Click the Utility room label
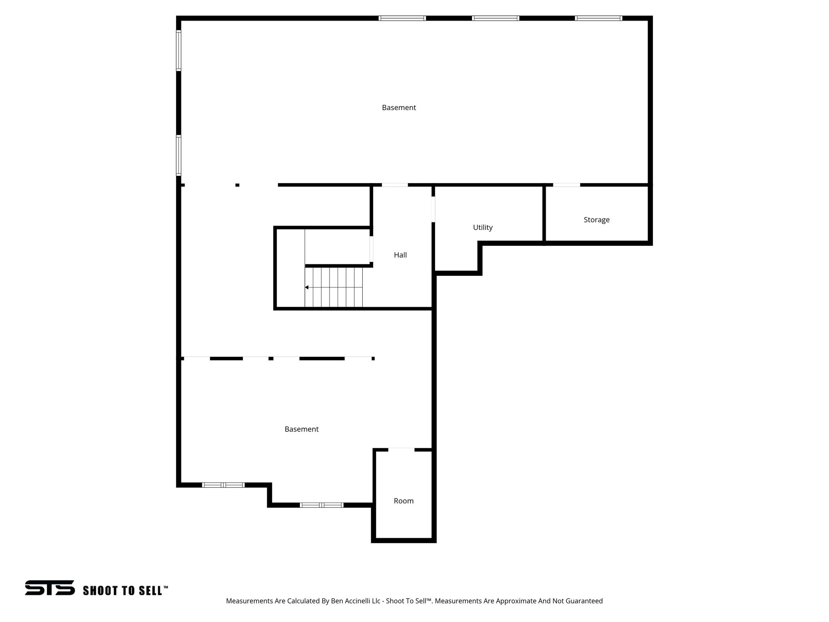tap(483, 228)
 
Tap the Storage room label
tap(596, 220)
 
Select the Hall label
tap(400, 255)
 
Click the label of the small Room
tap(404, 501)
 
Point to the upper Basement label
tap(399, 108)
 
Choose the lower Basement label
tap(301, 429)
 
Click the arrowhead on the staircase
tap(307, 288)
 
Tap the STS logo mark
tap(50, 588)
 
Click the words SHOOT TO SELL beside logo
tap(125, 591)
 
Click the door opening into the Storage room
tap(566, 185)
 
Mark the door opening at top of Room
tap(401, 449)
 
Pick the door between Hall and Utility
tap(433, 209)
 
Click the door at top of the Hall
tap(395, 185)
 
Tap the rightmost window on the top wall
tap(598, 18)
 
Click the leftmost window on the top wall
tap(402, 18)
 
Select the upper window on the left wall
tap(179, 51)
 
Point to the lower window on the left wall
tap(179, 155)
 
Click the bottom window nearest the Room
tap(321, 505)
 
